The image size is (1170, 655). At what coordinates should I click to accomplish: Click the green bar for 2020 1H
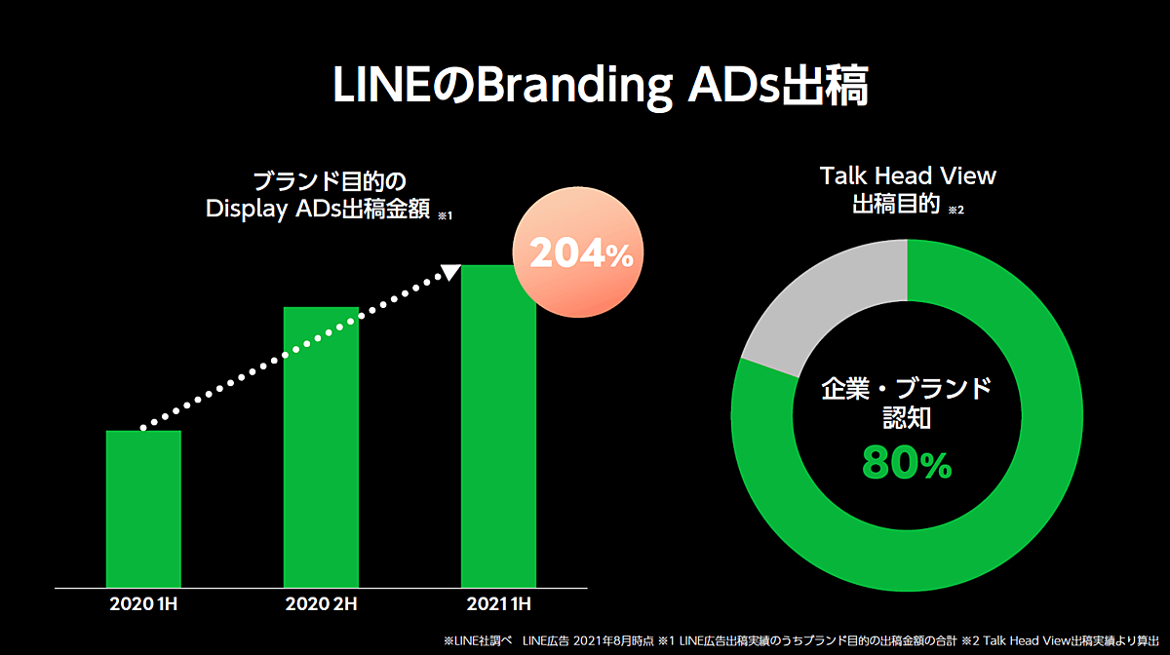click(x=143, y=508)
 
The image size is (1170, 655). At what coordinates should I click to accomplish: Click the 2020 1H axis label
click(x=143, y=604)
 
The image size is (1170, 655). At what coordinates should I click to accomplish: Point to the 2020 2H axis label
click(x=321, y=604)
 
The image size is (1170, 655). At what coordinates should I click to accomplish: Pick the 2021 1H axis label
click(x=498, y=604)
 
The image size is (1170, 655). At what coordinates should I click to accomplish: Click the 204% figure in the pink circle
click(x=581, y=254)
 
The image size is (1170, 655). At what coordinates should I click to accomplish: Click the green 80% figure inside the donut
click(x=906, y=465)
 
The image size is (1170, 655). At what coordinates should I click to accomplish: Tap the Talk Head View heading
click(x=908, y=175)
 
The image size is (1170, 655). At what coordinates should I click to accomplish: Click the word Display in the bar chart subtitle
click(x=245, y=210)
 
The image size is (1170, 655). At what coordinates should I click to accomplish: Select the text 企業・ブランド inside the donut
click(x=906, y=389)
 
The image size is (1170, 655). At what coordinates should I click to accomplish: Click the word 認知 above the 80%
click(x=906, y=419)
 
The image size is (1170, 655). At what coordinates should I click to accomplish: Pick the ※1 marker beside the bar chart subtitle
click(x=445, y=215)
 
